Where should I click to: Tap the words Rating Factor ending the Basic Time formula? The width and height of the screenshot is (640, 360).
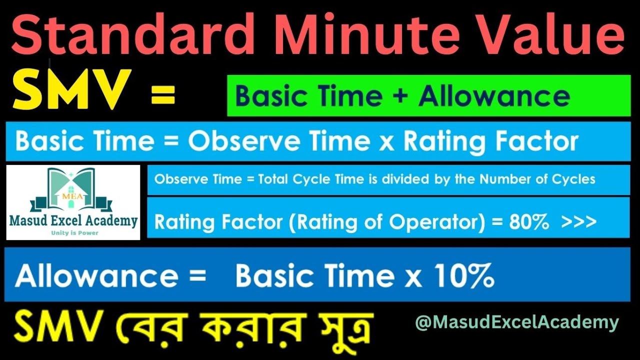coord(490,142)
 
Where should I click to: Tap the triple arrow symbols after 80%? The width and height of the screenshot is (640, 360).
coord(578,222)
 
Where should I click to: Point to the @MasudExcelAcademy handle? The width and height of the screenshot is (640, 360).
coord(516,322)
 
